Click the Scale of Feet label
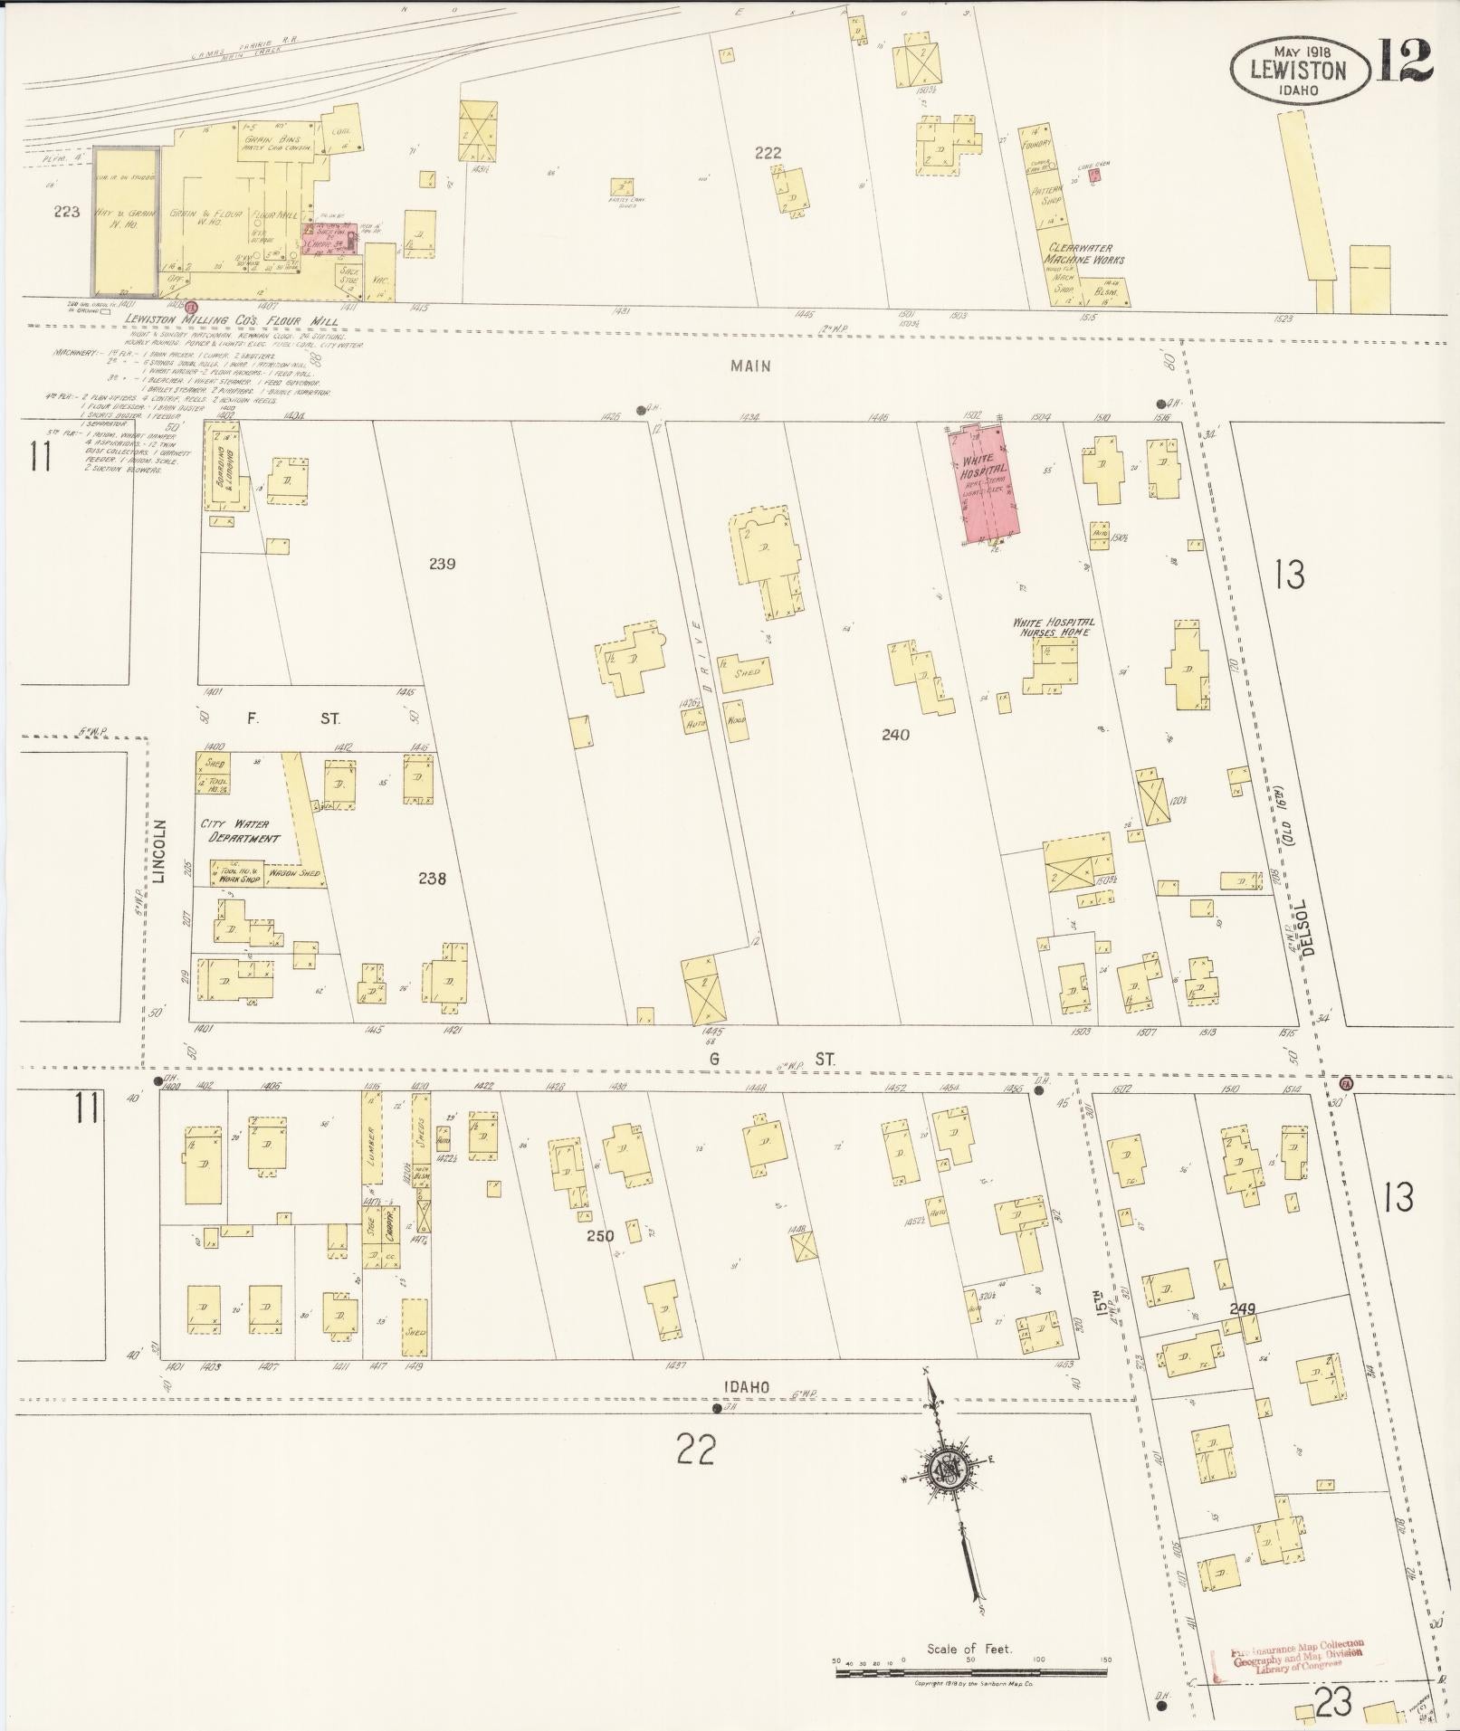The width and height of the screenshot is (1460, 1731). [x=969, y=1649]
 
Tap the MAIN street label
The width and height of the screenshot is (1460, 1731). [x=752, y=366]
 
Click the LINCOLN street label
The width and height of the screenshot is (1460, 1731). [x=161, y=851]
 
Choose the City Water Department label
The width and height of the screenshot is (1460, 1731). [x=240, y=831]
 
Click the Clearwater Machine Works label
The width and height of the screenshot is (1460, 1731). [x=1086, y=253]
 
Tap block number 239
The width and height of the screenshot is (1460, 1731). [x=442, y=564]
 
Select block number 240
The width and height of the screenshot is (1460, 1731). [x=895, y=735]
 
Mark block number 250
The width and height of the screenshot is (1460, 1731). [x=600, y=1236]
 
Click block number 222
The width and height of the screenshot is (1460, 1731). [x=768, y=153]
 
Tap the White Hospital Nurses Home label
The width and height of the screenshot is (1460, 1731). [x=1053, y=626]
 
